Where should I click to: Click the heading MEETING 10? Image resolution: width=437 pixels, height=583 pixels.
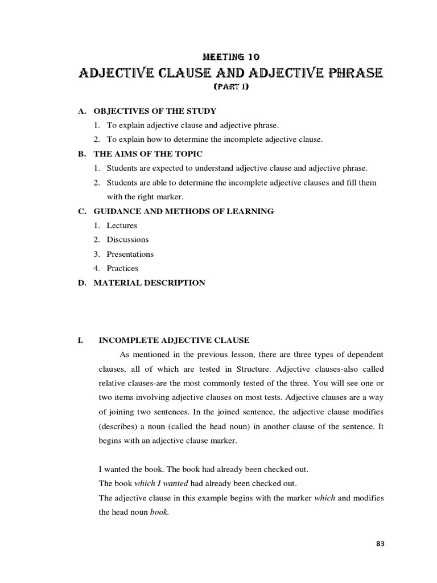232,56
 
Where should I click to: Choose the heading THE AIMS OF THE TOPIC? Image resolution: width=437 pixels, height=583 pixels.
147,154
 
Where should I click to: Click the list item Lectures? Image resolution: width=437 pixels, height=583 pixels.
122,225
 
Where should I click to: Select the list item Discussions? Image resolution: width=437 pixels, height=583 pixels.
127,240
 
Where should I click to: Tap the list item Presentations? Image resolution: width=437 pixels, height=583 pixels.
130,254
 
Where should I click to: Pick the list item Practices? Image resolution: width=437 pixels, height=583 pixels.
122,268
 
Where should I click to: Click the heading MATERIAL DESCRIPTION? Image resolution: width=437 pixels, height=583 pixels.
149,282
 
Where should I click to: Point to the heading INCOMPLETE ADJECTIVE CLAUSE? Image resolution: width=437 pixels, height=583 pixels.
174,340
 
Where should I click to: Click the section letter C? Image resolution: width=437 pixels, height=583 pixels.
81,211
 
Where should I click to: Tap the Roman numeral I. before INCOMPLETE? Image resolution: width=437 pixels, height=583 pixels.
81,340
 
